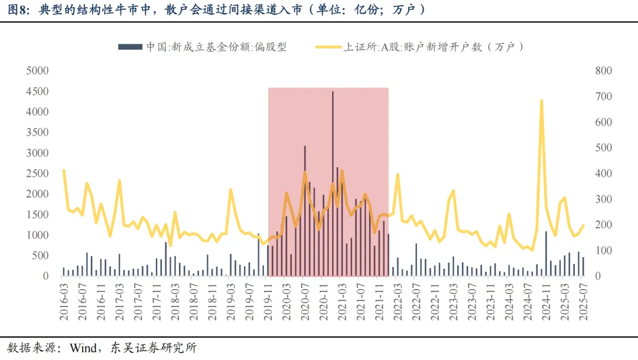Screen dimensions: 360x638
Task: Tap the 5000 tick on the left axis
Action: (37, 71)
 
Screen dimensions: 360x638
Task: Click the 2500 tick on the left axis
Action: (37, 174)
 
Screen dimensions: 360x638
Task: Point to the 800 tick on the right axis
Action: (604, 71)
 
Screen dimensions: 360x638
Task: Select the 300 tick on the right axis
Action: (604, 199)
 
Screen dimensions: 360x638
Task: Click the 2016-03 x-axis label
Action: (64, 301)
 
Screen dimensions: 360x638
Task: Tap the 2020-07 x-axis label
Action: (305, 301)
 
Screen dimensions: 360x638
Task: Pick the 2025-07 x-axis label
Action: (583, 301)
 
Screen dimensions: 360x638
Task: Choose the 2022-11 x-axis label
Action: (435, 301)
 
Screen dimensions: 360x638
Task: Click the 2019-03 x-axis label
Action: (230, 301)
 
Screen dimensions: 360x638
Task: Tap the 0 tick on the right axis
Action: (598, 276)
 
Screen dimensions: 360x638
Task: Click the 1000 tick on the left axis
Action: (37, 235)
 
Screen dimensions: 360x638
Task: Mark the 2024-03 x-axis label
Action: (509, 301)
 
